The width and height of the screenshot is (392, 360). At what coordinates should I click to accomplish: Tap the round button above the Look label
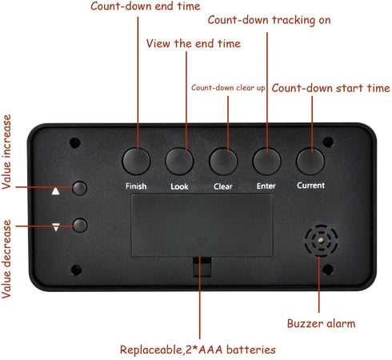point(179,162)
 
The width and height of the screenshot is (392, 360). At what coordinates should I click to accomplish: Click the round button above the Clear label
point(223,162)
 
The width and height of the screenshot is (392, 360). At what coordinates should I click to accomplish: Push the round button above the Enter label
point(266,162)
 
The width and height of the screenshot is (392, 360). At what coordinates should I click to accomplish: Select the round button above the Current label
point(310,162)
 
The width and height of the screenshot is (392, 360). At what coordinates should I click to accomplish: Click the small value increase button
point(80,188)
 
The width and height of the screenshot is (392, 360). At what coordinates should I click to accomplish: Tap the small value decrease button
point(80,226)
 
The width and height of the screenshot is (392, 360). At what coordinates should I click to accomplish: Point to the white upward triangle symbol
point(55,191)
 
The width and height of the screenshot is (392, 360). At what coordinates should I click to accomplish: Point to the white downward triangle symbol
point(56,227)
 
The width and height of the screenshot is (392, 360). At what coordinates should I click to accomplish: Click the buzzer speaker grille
point(321,240)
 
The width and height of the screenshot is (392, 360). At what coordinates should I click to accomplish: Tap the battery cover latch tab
point(202,266)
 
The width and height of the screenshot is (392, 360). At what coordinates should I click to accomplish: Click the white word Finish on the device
point(136,186)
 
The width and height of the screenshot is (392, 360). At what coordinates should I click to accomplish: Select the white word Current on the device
point(310,186)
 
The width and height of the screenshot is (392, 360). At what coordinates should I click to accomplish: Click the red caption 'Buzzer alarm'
point(321,323)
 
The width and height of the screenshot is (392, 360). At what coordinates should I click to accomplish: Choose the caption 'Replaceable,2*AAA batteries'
point(198,350)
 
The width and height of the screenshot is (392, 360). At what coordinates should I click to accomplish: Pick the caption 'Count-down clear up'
point(228,88)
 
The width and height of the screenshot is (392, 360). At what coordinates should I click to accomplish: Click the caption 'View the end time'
point(194,43)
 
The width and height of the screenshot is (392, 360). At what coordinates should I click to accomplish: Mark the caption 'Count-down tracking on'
point(269,20)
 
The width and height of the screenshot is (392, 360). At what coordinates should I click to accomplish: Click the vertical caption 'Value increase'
point(6,152)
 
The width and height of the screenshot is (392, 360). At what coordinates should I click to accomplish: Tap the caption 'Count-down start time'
point(330,88)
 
